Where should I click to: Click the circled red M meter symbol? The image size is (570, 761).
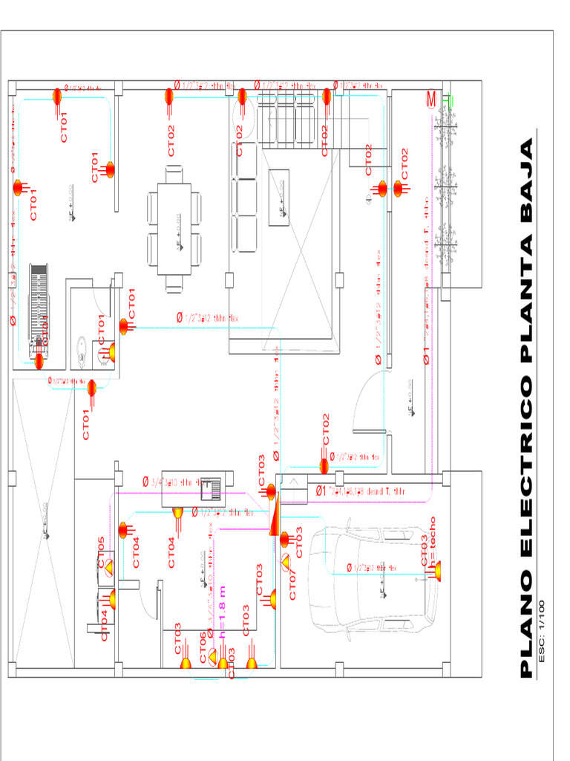pos(431,100)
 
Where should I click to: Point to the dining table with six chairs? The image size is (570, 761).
pos(174,229)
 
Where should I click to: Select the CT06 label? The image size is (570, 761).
pos(203,644)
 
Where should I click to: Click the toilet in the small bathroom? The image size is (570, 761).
pos(82,349)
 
